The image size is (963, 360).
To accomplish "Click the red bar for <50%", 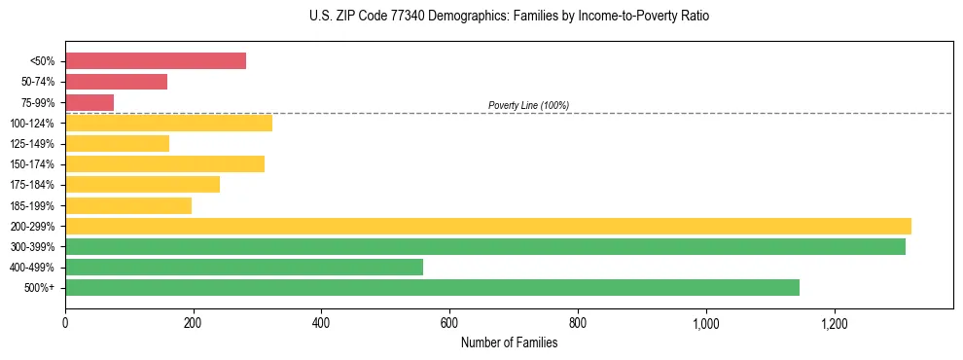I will [x=156, y=61].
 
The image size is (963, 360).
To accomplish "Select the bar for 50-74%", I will [x=116, y=82].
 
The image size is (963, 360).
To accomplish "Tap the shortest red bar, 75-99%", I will [x=89, y=102].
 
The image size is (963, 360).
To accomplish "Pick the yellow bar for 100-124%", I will [x=168, y=123].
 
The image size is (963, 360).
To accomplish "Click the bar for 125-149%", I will [x=117, y=144].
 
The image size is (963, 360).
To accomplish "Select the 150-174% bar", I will [x=164, y=164].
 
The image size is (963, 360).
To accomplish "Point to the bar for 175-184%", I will [x=142, y=185].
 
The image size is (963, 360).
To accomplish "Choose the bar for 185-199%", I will [x=128, y=205].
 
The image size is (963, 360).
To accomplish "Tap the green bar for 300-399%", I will [x=485, y=247].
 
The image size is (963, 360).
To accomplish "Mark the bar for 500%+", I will [x=432, y=288].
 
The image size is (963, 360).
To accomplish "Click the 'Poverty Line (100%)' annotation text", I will [x=528, y=105].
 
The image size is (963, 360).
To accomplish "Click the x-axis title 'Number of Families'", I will [x=509, y=342].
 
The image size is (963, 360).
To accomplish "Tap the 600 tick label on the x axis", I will [x=449, y=322].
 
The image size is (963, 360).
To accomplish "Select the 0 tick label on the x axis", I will [x=65, y=322].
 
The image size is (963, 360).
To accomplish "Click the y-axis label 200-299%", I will [x=32, y=227].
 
